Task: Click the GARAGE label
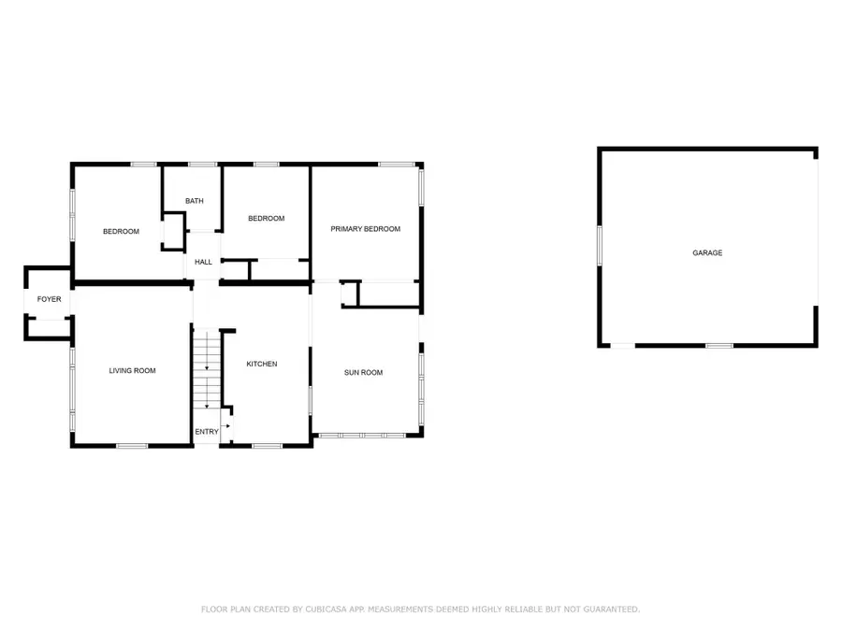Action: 707,252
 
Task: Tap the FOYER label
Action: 49,299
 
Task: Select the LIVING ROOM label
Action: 132,371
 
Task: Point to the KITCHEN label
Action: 262,364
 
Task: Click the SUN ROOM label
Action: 363,373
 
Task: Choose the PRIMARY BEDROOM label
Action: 365,229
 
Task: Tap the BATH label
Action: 194,201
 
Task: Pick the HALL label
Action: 203,262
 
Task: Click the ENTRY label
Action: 206,432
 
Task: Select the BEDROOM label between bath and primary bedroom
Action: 266,219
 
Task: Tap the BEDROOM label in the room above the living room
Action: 121,232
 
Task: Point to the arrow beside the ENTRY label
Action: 225,425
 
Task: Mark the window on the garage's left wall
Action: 600,248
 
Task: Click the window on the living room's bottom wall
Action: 132,445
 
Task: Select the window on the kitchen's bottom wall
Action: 268,445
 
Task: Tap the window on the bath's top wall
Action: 196,165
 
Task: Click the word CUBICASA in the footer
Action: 330,609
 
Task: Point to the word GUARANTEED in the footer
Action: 609,609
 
